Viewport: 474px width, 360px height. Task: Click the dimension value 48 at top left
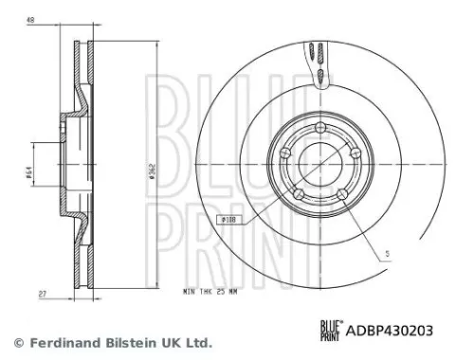(x=31, y=20)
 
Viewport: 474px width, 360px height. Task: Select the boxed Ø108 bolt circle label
(x=233, y=220)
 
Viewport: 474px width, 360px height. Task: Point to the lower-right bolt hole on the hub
(x=342, y=197)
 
